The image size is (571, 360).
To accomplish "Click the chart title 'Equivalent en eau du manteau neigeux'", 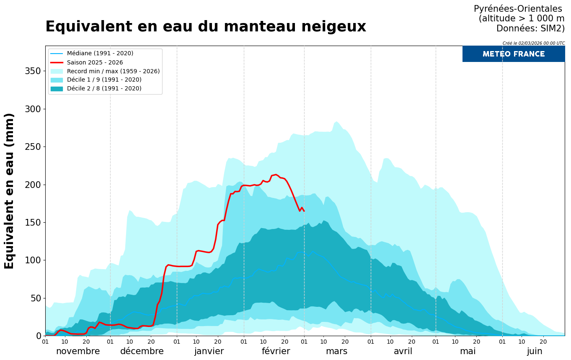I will click(205, 27).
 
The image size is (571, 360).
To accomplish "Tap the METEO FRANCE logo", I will click(513, 54).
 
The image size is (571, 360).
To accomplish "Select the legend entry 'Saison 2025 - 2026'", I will click(95, 62).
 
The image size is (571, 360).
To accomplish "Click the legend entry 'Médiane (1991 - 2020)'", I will click(100, 54).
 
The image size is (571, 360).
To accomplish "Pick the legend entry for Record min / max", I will click(113, 71).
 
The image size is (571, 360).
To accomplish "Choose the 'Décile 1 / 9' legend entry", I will click(104, 80).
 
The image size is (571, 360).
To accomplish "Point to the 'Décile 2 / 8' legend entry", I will click(104, 89).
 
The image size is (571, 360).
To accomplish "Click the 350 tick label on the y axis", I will click(33, 71).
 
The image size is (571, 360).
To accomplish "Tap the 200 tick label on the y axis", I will click(33, 185).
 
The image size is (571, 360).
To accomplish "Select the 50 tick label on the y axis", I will click(35, 298).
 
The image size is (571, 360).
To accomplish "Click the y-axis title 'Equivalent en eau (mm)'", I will click(9, 191).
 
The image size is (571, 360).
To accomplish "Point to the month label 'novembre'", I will click(78, 351).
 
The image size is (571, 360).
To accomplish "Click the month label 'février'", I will click(276, 351).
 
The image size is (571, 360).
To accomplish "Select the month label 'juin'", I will click(535, 351).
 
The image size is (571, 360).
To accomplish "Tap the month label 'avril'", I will click(403, 351).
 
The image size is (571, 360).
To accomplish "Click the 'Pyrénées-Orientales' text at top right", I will click(518, 9).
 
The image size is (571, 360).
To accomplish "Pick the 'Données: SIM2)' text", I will click(530, 28).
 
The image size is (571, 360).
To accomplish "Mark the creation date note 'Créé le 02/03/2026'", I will click(533, 43).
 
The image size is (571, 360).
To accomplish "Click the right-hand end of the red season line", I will click(304, 211).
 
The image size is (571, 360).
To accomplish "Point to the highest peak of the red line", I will click(275, 175).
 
